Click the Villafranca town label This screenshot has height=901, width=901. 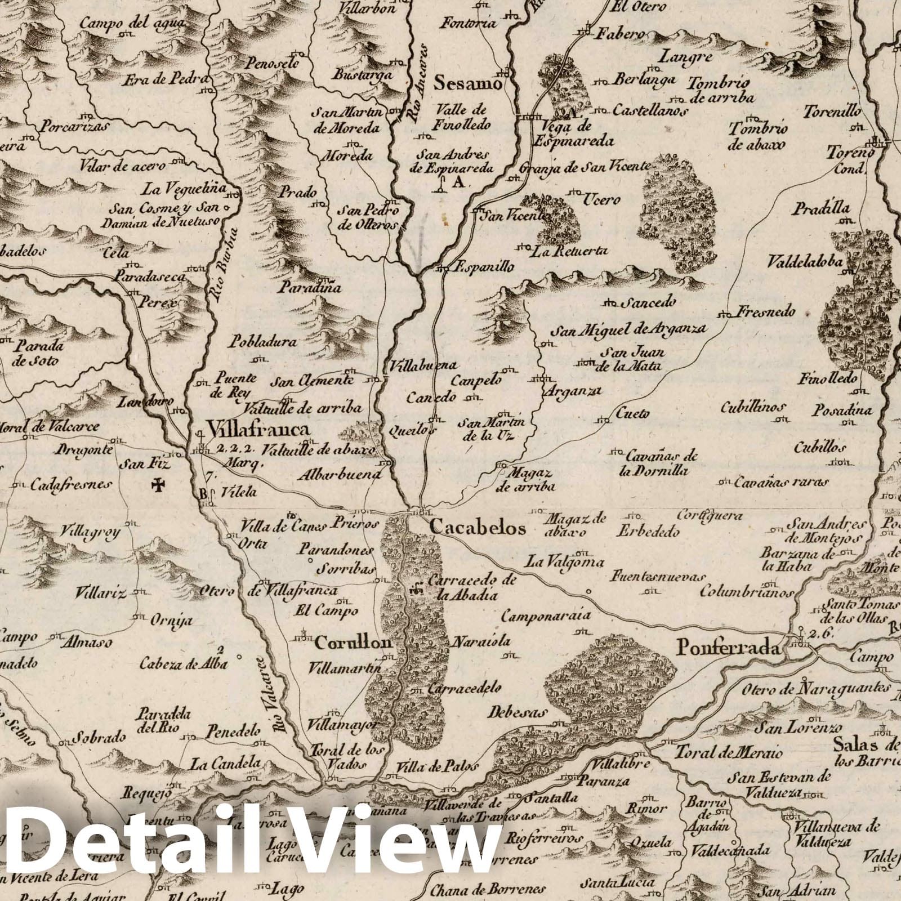[x=258, y=431]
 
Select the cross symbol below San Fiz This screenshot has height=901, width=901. [x=159, y=483]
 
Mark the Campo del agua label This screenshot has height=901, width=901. [x=124, y=24]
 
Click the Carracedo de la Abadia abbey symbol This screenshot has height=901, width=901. [x=417, y=589]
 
